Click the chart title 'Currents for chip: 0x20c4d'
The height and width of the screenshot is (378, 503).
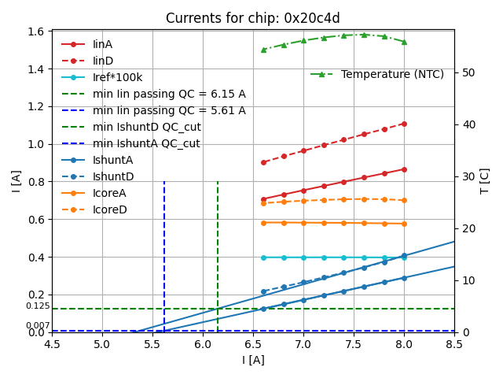tap(252, 18)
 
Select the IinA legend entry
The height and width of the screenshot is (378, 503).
tap(102, 44)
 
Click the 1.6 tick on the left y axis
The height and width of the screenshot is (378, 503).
tap(35, 31)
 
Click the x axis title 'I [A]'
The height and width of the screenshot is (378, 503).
tap(252, 360)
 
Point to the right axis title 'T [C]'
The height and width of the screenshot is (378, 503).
tap(485, 180)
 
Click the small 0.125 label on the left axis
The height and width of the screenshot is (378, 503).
tap(38, 306)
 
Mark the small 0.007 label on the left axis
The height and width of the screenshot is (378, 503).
tap(38, 325)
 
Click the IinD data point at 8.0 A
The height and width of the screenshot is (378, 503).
tap(404, 124)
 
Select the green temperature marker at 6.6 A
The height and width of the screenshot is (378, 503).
tap(263, 50)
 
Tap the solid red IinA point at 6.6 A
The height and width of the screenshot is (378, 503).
tap(263, 199)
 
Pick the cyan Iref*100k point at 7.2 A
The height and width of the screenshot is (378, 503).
tap(324, 258)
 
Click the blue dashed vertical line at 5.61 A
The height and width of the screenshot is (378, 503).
tap(164, 252)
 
